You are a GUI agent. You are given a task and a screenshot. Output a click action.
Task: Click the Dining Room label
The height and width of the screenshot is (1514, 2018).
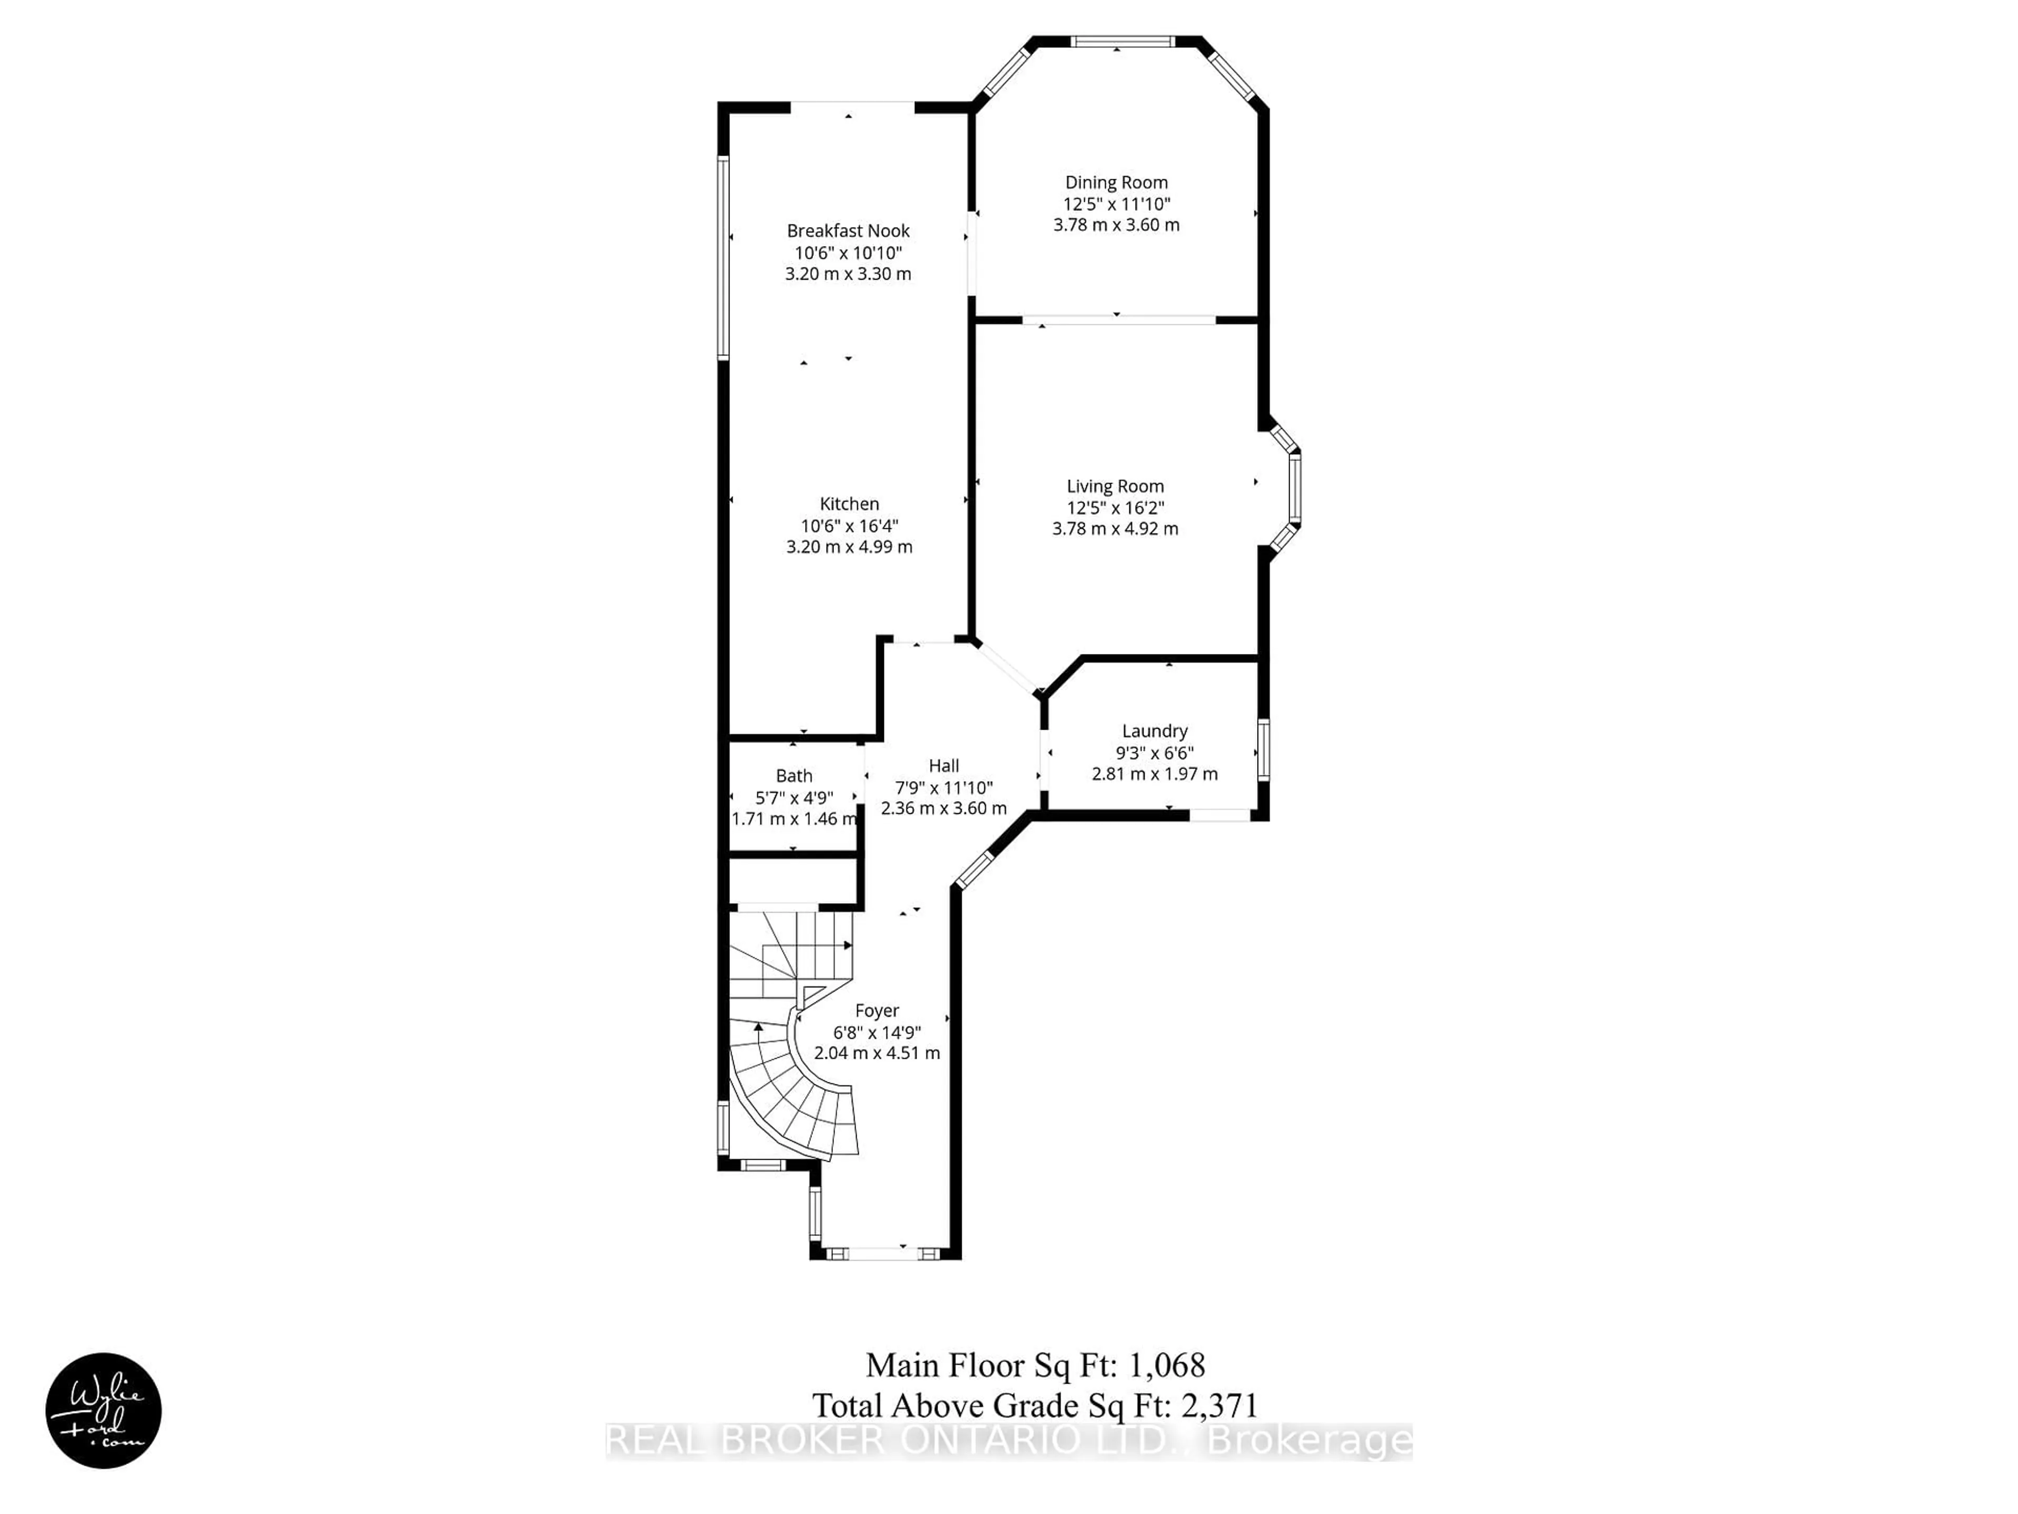[x=1116, y=182]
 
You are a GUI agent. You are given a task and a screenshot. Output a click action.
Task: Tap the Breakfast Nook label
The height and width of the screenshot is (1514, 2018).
[x=848, y=231]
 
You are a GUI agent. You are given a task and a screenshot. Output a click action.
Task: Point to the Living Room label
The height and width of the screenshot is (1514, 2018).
[x=1115, y=486]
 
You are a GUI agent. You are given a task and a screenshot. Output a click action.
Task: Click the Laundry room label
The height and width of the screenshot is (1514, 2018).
[x=1154, y=731]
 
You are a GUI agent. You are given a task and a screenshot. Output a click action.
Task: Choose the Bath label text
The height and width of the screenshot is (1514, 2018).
[x=794, y=776]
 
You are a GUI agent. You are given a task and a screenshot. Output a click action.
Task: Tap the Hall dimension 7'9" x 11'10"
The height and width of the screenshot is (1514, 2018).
[x=943, y=787]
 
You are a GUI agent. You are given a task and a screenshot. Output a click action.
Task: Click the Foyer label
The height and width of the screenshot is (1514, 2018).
[x=877, y=1010]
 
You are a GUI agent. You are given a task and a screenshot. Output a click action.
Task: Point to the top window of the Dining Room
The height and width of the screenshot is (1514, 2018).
[x=1122, y=41]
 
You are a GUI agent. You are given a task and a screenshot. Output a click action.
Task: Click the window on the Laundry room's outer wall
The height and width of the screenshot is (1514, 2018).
[x=1263, y=750]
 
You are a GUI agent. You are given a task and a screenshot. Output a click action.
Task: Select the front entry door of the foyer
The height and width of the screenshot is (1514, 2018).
[x=883, y=1253]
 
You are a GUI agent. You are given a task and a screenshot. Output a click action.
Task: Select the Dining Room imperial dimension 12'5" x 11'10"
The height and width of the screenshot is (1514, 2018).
[x=1116, y=204]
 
